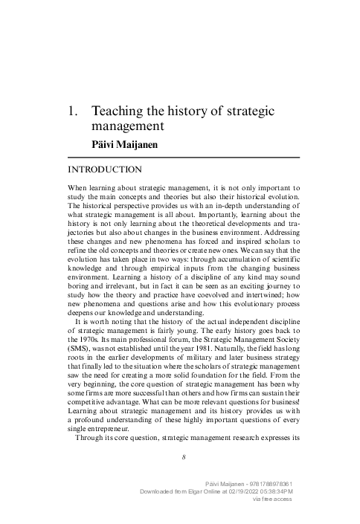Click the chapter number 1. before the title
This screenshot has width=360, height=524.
pos(73,111)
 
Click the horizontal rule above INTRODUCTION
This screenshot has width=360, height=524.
pos(183,158)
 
